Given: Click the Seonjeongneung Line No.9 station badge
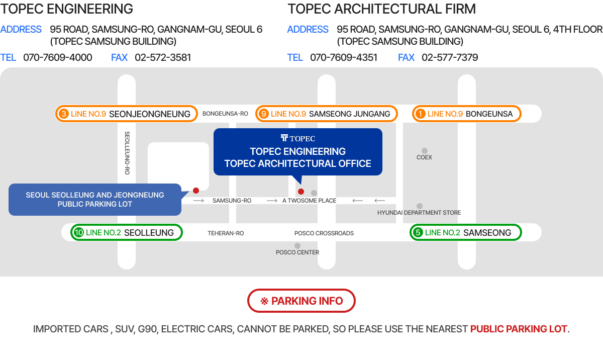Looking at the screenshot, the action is pyautogui.click(x=127, y=114).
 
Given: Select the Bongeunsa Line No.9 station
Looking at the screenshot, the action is pyautogui.click(x=466, y=114).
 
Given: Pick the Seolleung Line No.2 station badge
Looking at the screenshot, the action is pyautogui.click(x=127, y=232).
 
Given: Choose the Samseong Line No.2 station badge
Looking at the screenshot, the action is pyautogui.click(x=466, y=232).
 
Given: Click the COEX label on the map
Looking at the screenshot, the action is pyautogui.click(x=424, y=157).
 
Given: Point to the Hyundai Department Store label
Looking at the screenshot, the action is pyautogui.click(x=419, y=213).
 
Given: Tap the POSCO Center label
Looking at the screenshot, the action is pyautogui.click(x=297, y=252).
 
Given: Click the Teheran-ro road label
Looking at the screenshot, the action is pyautogui.click(x=226, y=233).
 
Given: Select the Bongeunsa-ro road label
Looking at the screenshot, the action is pyautogui.click(x=225, y=114).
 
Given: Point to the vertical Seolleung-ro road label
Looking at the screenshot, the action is pyautogui.click(x=127, y=153).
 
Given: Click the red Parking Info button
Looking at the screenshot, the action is pyautogui.click(x=301, y=301).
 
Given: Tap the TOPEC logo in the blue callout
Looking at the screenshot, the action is pyautogui.click(x=297, y=138).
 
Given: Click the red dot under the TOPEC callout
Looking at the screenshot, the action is pyautogui.click(x=301, y=192).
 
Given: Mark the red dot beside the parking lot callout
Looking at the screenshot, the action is pyautogui.click(x=196, y=191).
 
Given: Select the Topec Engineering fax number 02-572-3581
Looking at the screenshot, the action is pyautogui.click(x=163, y=57).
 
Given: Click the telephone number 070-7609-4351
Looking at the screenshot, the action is pyautogui.click(x=344, y=57).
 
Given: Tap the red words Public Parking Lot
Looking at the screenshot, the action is pyautogui.click(x=519, y=329).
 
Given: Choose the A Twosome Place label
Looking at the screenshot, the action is pyautogui.click(x=309, y=201).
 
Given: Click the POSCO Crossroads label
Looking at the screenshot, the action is pyautogui.click(x=324, y=233).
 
